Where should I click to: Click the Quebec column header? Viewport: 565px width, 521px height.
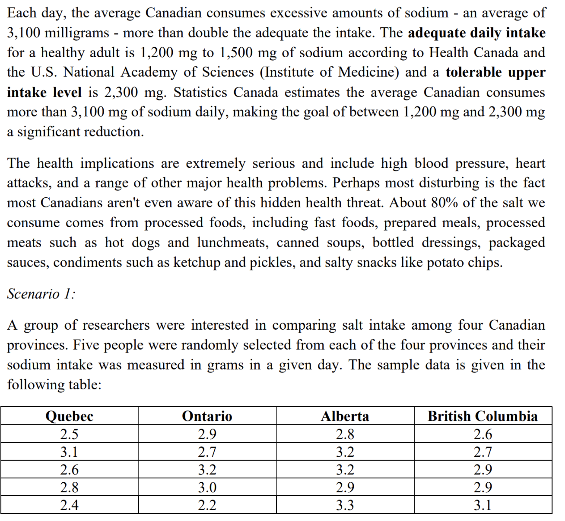point(69,416)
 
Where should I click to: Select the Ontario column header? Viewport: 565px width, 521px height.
point(207,416)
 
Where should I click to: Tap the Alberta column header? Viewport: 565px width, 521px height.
point(345,416)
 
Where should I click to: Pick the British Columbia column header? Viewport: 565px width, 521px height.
point(482,416)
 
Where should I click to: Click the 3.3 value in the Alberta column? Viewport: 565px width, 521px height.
point(345,505)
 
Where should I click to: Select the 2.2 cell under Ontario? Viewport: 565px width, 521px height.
point(207,505)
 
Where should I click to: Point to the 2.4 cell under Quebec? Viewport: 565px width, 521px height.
point(69,505)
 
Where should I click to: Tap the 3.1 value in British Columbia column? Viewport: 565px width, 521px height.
point(482,505)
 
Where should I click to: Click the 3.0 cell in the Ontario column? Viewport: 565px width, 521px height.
point(207,487)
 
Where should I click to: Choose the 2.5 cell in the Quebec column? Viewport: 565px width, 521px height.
point(69,434)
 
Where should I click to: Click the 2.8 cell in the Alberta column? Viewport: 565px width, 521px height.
point(345,434)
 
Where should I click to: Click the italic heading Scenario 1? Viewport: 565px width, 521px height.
point(41,294)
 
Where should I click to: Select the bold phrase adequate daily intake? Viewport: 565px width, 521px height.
point(477,33)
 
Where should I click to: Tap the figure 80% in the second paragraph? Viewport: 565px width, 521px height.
point(444,203)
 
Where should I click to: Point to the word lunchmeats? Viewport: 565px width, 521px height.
point(233,243)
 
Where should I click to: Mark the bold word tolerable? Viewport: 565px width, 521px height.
point(474,72)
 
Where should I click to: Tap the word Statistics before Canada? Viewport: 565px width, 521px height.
point(200,92)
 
